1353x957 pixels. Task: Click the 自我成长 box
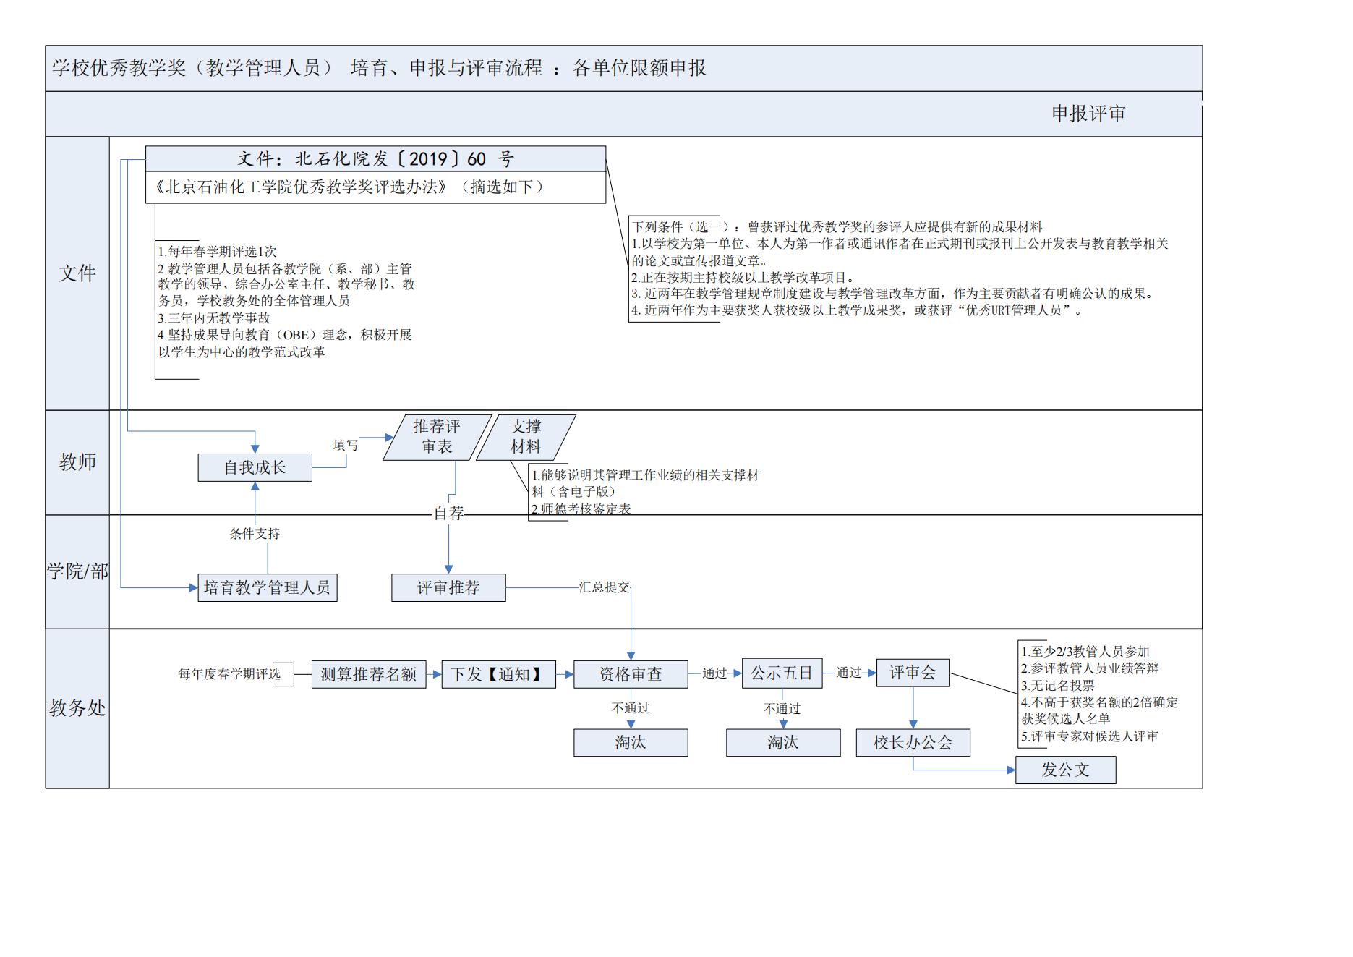[255, 467]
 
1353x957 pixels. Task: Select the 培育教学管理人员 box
[267, 587]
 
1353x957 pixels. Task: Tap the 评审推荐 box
[448, 587]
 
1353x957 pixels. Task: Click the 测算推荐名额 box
[368, 674]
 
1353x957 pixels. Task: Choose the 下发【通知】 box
[498, 674]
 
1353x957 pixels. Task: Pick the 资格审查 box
[630, 674]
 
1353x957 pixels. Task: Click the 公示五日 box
[781, 673]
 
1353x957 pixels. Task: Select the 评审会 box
[912, 673]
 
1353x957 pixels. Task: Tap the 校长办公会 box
[913, 743]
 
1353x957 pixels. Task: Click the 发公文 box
[1065, 770]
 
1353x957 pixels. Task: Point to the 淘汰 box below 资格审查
[630, 743]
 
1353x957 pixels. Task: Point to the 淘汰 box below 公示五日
[782, 743]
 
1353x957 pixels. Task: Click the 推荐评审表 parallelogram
[437, 437]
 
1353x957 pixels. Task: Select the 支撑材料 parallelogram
[526, 437]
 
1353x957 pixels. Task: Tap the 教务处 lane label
[77, 708]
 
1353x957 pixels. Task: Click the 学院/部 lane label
[77, 571]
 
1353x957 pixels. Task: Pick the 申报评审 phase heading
[1088, 114]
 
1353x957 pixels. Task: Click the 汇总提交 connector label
[604, 587]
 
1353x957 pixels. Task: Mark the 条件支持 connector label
[255, 534]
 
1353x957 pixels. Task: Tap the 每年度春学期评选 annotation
[229, 674]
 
